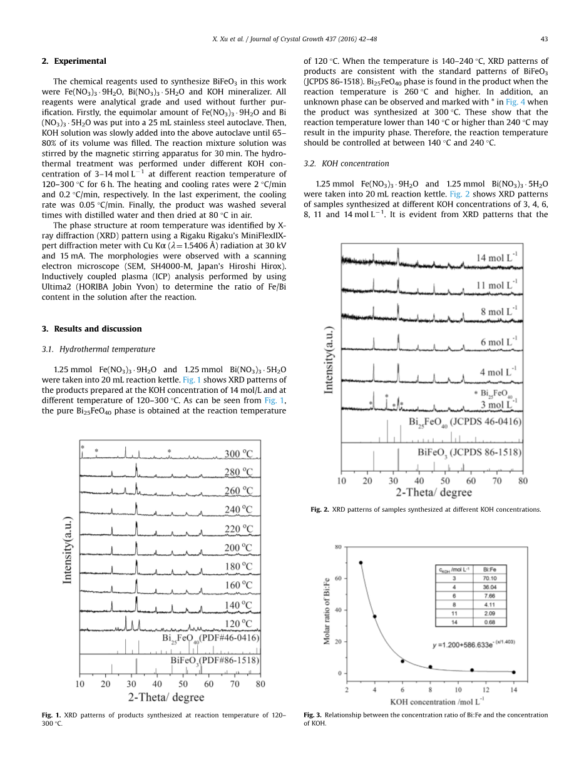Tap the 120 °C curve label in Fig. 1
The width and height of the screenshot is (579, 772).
[x=239, y=624]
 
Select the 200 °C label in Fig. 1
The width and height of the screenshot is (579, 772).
[x=239, y=549]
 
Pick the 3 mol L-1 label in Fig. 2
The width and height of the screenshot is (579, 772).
[x=498, y=404]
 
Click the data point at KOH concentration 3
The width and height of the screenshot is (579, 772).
[x=361, y=562]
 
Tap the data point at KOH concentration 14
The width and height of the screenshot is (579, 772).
[x=514, y=672]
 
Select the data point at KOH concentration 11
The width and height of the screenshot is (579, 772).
[x=472, y=670]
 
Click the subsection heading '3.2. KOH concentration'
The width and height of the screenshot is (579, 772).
[x=346, y=163]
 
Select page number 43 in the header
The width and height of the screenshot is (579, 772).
[x=544, y=39]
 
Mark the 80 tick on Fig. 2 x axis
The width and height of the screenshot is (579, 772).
[x=523, y=481]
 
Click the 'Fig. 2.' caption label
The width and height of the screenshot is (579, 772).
[x=319, y=509]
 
